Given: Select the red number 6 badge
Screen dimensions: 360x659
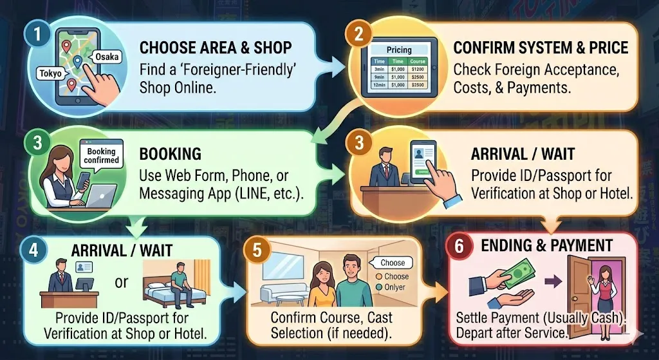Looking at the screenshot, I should pyautogui.click(x=459, y=247).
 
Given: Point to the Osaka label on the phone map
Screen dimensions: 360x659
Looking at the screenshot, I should pyautogui.click(x=106, y=57).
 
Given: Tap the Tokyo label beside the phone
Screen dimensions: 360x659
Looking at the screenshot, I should pyautogui.click(x=50, y=73).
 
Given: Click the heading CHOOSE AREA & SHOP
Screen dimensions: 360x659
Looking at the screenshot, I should pyautogui.click(x=215, y=48).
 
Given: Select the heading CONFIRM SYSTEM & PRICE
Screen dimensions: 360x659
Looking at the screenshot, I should pyautogui.click(x=541, y=48).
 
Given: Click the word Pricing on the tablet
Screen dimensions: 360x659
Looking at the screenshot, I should pyautogui.click(x=399, y=50).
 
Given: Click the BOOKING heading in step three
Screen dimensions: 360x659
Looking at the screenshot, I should pyautogui.click(x=170, y=155).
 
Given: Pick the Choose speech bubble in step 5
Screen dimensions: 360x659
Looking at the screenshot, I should pyautogui.click(x=393, y=263).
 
